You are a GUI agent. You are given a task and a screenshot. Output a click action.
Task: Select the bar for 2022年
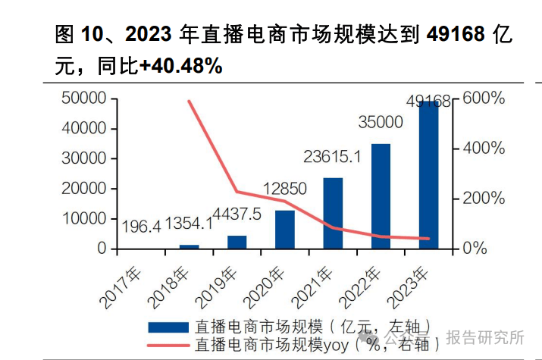[x=381, y=196]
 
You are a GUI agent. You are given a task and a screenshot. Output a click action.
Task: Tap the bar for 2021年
[x=333, y=213]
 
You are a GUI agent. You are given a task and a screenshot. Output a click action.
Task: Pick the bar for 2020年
[x=285, y=229]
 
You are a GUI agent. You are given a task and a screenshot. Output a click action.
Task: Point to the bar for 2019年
[x=237, y=242]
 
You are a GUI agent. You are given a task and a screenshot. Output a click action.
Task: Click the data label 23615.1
[x=332, y=158]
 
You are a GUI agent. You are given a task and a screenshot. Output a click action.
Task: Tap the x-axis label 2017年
[x=118, y=283]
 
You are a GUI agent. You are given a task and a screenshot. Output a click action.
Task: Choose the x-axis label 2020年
[x=262, y=283]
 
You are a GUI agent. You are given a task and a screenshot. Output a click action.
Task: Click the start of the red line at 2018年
[x=190, y=102]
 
